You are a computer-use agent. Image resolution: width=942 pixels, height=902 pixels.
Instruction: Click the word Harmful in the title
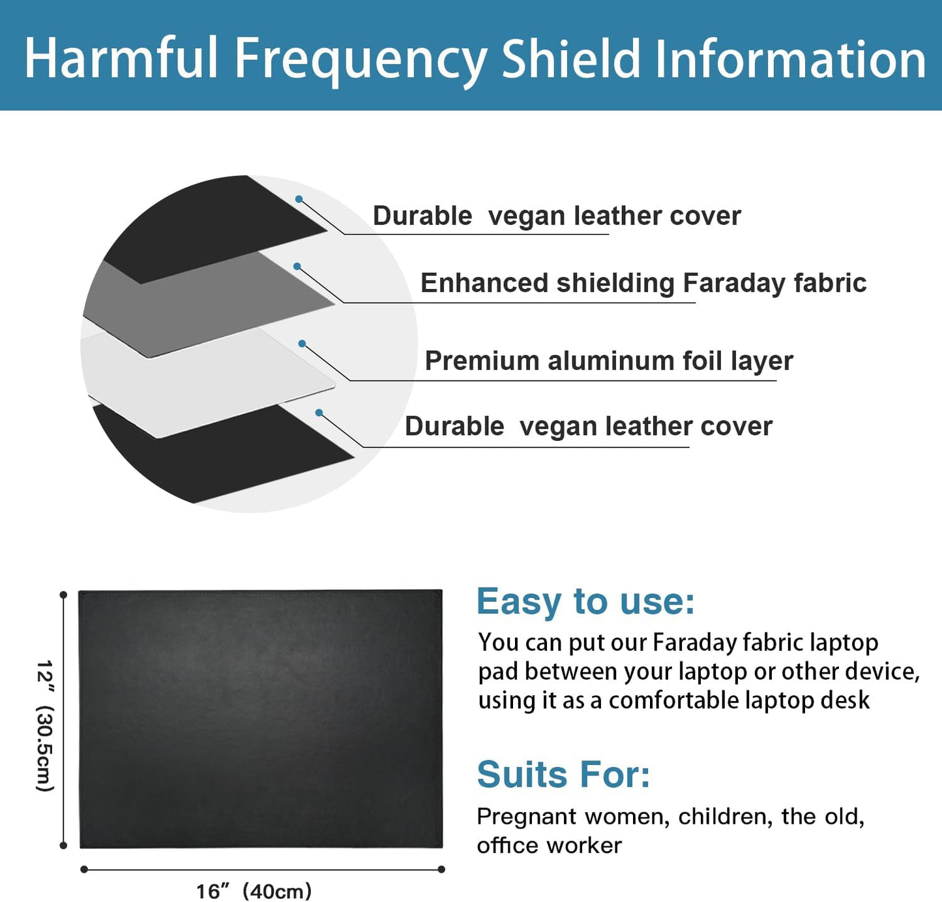click(x=121, y=59)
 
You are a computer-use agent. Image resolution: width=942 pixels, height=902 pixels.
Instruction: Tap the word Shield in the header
click(x=571, y=59)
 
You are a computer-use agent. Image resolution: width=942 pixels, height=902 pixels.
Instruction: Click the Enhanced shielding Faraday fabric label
click(x=643, y=283)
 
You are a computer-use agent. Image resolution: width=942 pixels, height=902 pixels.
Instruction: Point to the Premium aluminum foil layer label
click(x=608, y=361)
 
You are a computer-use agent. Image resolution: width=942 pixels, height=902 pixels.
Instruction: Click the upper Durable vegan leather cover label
click(x=556, y=216)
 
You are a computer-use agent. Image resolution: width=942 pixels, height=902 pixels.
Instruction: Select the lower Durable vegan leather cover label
click(x=588, y=427)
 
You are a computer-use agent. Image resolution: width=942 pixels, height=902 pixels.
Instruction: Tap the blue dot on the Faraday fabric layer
click(x=297, y=266)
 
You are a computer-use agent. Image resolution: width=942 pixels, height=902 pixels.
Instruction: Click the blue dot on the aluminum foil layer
click(x=302, y=343)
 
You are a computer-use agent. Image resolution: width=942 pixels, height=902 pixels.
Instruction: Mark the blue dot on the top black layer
click(x=299, y=199)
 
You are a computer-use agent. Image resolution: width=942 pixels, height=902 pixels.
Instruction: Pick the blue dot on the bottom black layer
click(x=319, y=412)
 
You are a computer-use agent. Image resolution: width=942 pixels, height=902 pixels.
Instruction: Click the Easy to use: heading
click(x=585, y=601)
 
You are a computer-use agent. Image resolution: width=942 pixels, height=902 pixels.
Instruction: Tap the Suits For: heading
click(x=563, y=775)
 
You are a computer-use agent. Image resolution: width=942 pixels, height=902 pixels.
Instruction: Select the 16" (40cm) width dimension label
click(x=254, y=891)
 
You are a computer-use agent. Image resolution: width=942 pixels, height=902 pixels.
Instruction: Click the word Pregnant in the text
click(x=526, y=817)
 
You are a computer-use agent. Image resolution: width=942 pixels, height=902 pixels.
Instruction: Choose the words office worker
click(x=549, y=846)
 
